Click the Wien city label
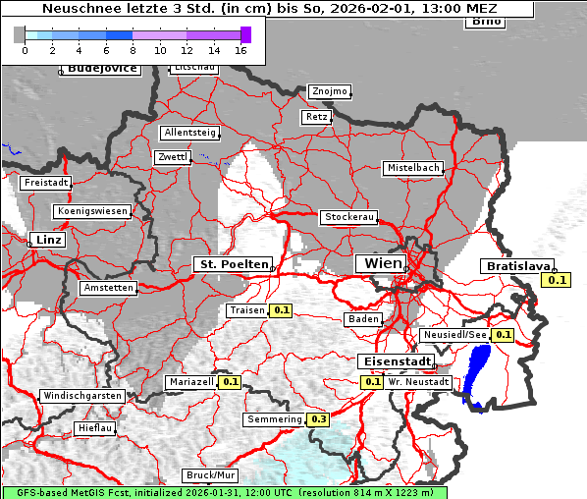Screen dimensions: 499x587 point(384,263)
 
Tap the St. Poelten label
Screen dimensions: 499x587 point(233,264)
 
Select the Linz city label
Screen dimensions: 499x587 point(47,240)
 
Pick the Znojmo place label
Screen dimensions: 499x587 point(329,91)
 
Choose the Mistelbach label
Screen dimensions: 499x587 point(412,168)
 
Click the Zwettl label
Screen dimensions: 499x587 point(173,157)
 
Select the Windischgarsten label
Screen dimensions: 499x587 point(82,396)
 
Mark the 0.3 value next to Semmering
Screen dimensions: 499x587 point(318,419)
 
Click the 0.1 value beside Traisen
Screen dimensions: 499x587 point(282,310)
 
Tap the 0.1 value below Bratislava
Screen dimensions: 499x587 point(557,281)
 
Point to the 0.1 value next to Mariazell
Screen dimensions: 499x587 point(231,382)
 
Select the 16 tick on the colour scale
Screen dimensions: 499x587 point(240,50)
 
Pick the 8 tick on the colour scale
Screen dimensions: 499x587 point(133,50)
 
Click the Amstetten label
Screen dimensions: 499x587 point(109,288)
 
